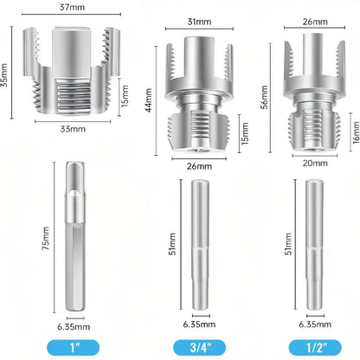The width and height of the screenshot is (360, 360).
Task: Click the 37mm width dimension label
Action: coord(72,7)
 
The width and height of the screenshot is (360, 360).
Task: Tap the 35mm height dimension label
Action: coord(3,75)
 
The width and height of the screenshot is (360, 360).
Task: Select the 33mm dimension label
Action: coord(73,129)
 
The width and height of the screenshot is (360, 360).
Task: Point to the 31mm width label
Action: coord(199,22)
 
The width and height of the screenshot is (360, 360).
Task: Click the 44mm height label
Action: coord(148,100)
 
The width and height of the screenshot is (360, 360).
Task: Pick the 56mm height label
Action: coord(264,97)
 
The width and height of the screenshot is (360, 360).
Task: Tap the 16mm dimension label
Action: coord(356,132)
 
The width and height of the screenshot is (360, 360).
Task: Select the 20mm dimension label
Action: coord(315,163)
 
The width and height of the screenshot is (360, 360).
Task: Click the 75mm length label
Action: coord(46,238)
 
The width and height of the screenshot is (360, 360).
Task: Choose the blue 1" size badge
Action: coord(73,348)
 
